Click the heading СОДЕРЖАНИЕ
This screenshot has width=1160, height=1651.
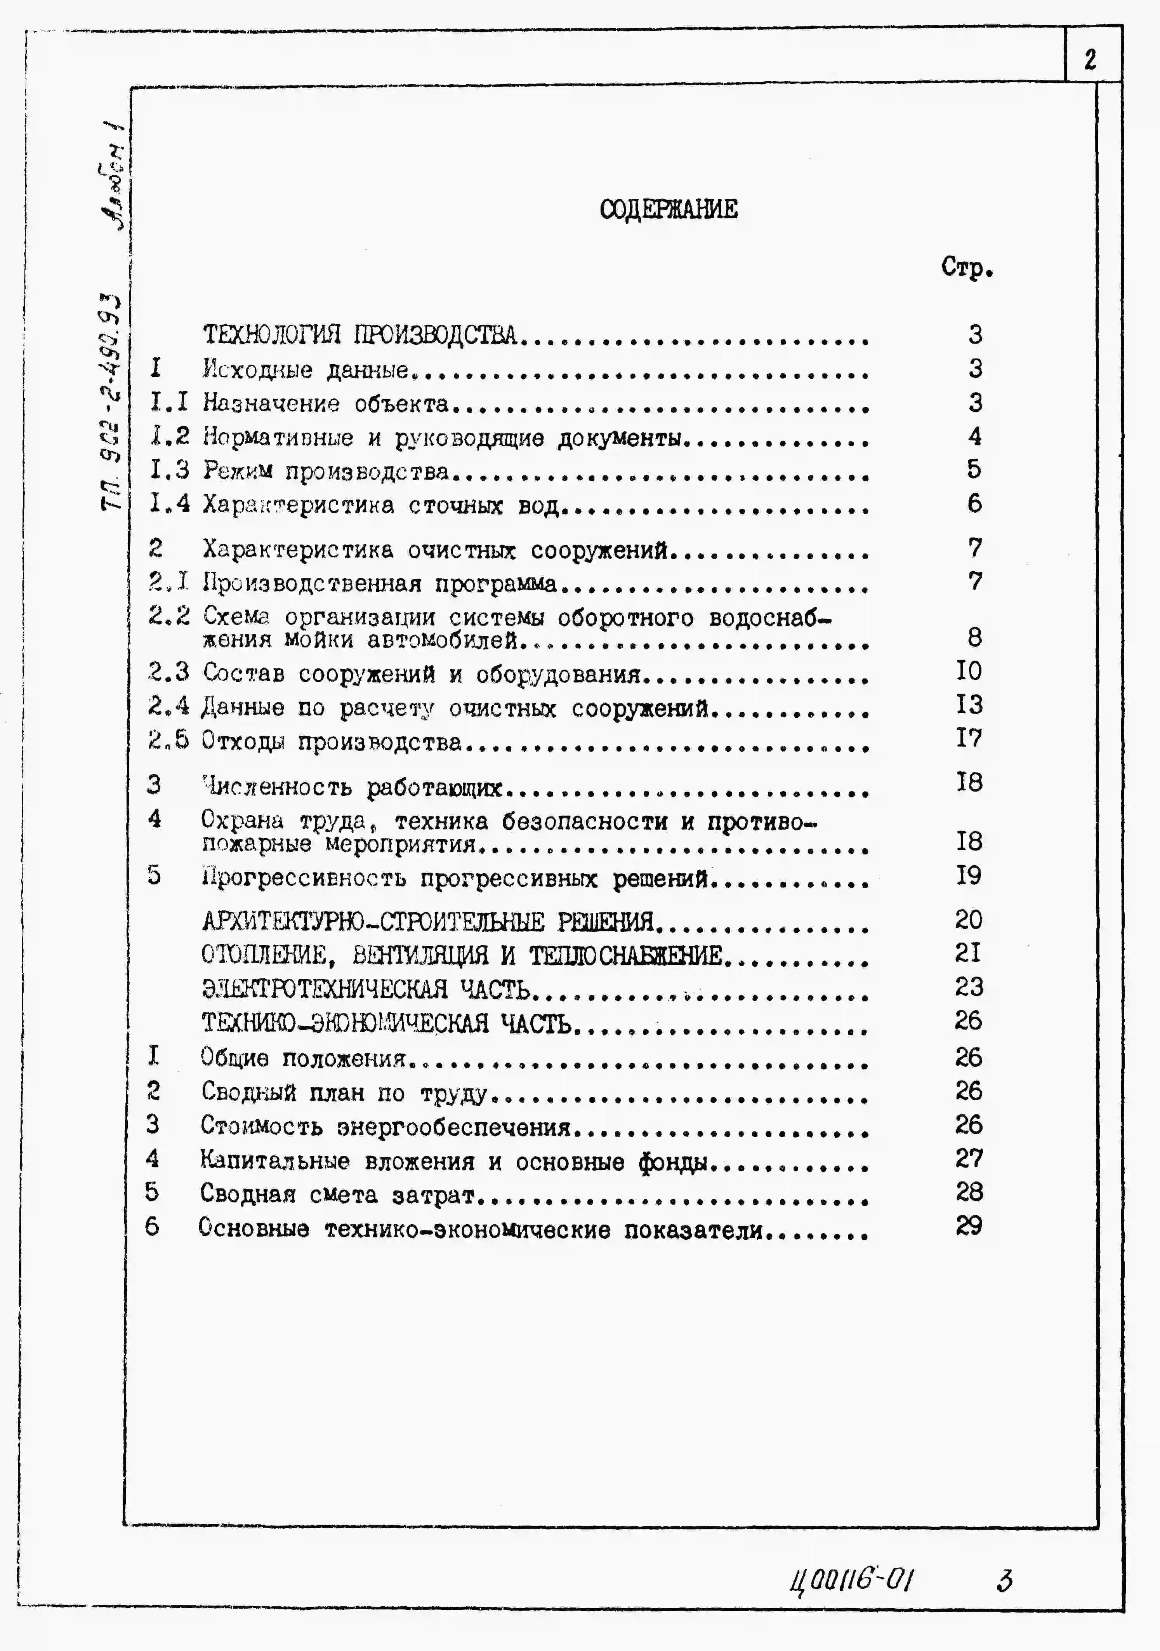tap(669, 209)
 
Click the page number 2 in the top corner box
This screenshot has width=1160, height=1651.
tap(1090, 60)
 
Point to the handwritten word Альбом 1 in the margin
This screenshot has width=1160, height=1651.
tap(113, 177)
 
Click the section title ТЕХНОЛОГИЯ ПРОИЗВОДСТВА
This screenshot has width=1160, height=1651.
tap(359, 335)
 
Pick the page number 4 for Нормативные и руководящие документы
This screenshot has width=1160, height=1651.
tap(974, 436)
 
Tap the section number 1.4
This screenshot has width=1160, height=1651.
tap(170, 503)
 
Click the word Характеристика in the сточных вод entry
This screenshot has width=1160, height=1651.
tap(297, 506)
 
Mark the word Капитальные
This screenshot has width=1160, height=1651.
tap(274, 1160)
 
